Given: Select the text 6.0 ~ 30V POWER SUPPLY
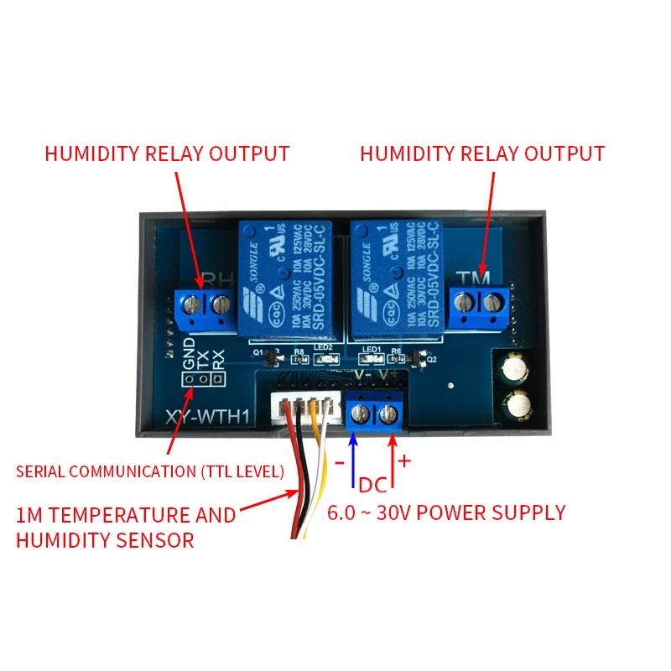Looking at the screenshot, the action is tap(445, 512).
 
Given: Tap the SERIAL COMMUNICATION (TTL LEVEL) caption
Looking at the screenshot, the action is tap(150, 471).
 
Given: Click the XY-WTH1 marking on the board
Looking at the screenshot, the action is tap(202, 417).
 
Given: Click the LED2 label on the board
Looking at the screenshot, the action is tap(325, 347).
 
